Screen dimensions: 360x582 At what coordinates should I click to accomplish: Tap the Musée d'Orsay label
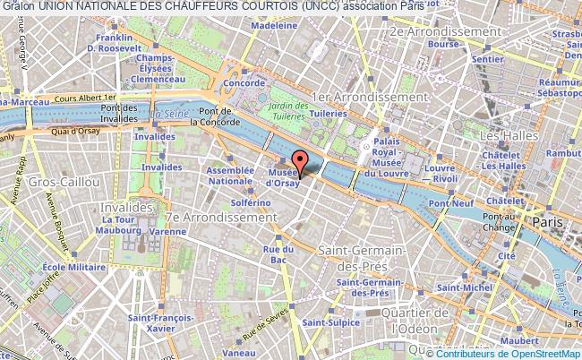point(282,178)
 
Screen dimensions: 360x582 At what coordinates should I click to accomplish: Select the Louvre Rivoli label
point(441,172)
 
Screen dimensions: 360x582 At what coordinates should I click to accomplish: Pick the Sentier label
point(488,59)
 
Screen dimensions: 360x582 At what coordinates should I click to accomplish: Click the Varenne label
point(167,231)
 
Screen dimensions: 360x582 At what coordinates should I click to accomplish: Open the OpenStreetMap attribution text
point(519,353)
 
